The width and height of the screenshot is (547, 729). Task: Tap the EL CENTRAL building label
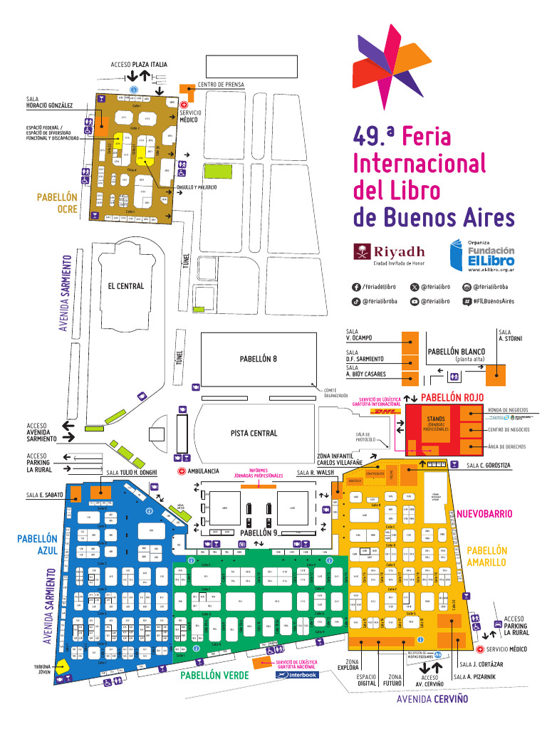click(x=125, y=286)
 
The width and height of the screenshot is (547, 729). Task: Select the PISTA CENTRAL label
click(x=254, y=433)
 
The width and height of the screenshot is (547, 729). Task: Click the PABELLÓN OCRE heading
click(x=57, y=202)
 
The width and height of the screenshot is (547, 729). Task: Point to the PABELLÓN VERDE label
click(x=214, y=675)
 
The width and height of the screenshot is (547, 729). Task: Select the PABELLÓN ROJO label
click(x=457, y=397)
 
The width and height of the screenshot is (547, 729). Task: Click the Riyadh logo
click(x=389, y=253)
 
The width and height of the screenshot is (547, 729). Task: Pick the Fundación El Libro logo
click(x=481, y=256)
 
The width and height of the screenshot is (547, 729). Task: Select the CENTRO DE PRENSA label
click(x=221, y=85)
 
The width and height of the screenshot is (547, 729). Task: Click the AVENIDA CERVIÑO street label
click(x=432, y=699)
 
